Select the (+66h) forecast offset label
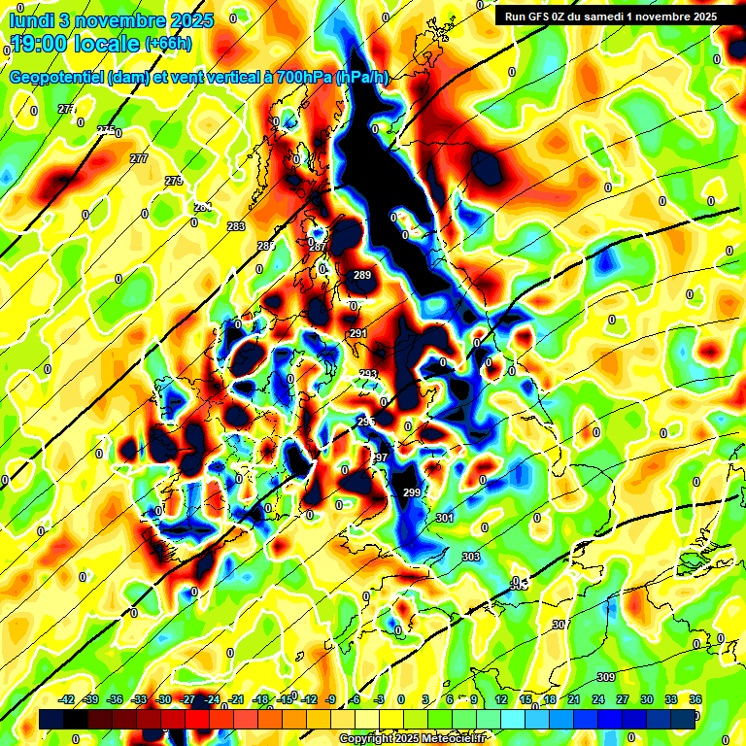(x=168, y=44)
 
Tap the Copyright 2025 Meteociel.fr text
(x=412, y=739)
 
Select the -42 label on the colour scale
(x=68, y=699)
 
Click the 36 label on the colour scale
(x=695, y=699)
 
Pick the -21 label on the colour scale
(x=236, y=699)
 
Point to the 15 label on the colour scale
(x=526, y=699)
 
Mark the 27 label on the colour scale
(x=623, y=699)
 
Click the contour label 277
(x=139, y=158)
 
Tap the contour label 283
(x=236, y=226)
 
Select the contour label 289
(x=362, y=276)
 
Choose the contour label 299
(x=412, y=493)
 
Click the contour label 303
(x=471, y=557)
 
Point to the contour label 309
(x=606, y=677)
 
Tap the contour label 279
(x=174, y=182)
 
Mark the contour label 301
(x=445, y=519)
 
